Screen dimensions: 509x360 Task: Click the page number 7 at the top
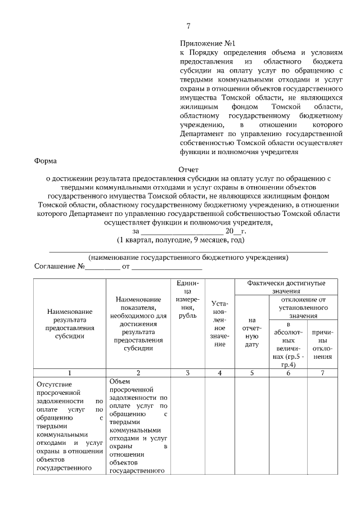point(188,25)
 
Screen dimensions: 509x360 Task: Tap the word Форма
point(46,160)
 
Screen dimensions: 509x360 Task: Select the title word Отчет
point(188,169)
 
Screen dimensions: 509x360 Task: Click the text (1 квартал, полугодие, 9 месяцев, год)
point(181,240)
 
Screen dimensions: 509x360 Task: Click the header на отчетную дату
point(251,332)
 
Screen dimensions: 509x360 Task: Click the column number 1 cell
point(69,372)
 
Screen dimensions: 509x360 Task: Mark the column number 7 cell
point(322,372)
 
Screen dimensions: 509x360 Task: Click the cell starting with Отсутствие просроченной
point(69,425)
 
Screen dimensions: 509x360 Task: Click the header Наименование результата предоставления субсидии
point(69,323)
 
